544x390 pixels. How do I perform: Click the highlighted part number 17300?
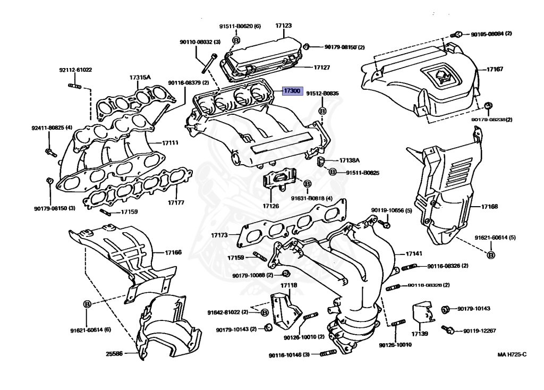pos(292,91)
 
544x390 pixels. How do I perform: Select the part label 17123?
pos(284,26)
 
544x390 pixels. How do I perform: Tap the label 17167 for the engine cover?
pos(496,69)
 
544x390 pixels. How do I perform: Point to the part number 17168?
pos(490,206)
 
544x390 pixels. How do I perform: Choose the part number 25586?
pos(114,353)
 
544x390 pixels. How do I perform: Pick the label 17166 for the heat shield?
pos(173,252)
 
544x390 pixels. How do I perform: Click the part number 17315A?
pos(140,78)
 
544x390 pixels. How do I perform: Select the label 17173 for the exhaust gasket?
pos(219,234)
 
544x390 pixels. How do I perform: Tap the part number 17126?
pos(270,206)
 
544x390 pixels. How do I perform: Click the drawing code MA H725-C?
pos(512,354)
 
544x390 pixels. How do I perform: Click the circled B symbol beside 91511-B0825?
pos(332,172)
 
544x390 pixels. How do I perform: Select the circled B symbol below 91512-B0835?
pos(321,111)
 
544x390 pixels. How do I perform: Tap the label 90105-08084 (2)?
pos(491,34)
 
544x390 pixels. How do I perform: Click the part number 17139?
pos(419,334)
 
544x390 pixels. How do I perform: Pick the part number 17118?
pos(289,285)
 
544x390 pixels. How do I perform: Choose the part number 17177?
pos(176,203)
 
